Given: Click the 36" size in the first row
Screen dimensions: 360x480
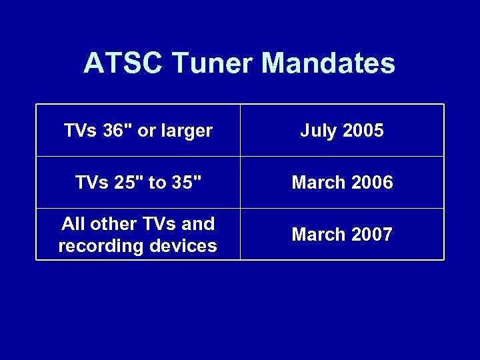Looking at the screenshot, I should [117, 130].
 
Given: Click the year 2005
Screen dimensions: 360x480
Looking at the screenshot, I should [363, 130].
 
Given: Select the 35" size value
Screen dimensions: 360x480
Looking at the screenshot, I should [183, 183].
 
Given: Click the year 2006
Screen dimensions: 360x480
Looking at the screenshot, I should [372, 183].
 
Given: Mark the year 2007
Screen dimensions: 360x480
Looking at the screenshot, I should [372, 235].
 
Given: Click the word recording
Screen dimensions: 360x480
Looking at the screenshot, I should [99, 246].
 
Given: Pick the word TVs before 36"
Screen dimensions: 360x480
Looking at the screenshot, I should [81, 130].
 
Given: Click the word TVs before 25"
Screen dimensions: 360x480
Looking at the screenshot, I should [91, 183].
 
